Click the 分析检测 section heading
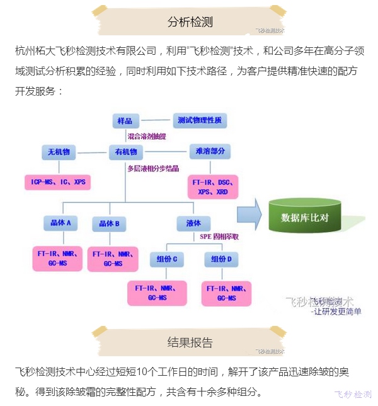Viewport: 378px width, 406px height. click(x=190, y=22)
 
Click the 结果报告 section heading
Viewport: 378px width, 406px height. click(x=190, y=342)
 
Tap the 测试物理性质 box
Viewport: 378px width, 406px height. click(x=199, y=120)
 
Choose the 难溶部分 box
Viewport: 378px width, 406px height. click(x=210, y=152)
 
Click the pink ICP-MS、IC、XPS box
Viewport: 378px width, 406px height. click(x=59, y=182)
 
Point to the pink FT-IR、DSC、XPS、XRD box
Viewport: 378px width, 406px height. click(x=213, y=187)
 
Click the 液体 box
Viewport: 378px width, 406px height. click(x=193, y=223)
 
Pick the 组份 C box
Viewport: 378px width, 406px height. click(x=167, y=258)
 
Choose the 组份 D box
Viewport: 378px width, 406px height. click(x=222, y=258)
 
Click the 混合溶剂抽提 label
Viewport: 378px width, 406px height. click(x=147, y=136)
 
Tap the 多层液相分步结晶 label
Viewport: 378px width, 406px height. click(x=153, y=169)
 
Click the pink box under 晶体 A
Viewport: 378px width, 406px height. click(x=58, y=258)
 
